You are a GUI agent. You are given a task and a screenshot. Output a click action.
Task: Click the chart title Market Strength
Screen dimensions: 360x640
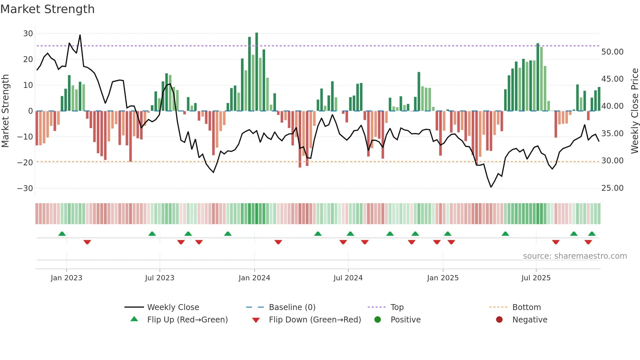47,9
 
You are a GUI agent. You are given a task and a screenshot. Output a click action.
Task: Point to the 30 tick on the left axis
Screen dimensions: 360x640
28,34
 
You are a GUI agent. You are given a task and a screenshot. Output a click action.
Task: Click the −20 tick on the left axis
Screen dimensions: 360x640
25,162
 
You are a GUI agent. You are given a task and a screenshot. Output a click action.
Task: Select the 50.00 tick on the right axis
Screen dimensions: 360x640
612,52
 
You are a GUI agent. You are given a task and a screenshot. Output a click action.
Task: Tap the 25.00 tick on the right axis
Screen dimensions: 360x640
612,188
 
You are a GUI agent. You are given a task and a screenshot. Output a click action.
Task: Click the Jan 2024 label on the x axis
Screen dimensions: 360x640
254,278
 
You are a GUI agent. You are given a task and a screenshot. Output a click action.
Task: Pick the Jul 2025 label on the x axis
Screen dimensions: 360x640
536,278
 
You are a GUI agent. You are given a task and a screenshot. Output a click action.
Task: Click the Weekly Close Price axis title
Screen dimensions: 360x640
634,111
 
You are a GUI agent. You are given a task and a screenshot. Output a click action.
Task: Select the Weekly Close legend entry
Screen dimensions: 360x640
173,307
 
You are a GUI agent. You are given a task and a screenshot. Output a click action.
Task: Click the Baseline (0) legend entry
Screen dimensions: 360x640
292,307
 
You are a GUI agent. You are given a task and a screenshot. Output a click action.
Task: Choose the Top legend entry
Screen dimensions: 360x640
397,307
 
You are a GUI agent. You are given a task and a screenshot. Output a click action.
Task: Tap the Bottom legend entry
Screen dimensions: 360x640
526,307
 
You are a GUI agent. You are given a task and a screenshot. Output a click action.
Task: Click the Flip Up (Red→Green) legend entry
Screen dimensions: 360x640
187,320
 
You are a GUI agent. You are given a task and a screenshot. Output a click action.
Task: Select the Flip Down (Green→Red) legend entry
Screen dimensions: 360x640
315,320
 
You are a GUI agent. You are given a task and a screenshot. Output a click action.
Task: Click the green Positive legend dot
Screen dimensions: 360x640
378,320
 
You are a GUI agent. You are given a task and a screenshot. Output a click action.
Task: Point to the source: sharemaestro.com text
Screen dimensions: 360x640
575,256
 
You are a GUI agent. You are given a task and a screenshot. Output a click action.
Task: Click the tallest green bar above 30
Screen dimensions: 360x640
257,72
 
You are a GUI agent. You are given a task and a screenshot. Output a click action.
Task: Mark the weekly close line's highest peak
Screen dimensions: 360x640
80,35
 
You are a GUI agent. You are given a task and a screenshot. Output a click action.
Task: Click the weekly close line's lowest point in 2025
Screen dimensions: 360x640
491,187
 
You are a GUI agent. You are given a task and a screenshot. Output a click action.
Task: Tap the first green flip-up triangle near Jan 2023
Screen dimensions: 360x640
62,234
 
